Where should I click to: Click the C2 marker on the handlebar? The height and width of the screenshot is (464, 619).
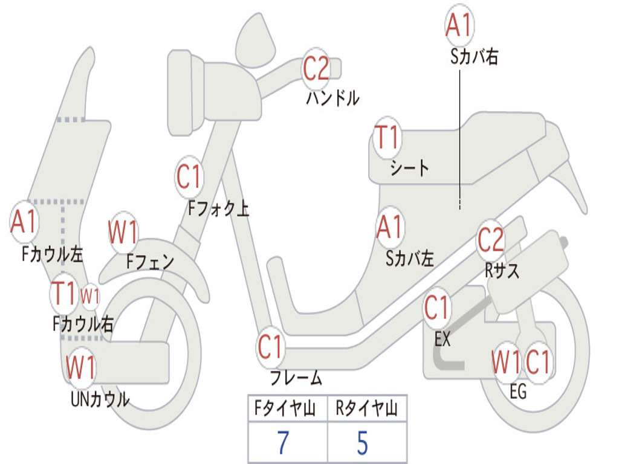[x=316, y=68]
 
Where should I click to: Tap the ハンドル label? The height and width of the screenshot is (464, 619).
[x=332, y=98]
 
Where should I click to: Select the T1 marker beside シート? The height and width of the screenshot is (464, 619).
[x=387, y=138]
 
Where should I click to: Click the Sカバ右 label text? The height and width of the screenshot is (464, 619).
[x=475, y=57]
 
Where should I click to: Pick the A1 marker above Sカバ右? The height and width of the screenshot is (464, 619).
[x=458, y=26]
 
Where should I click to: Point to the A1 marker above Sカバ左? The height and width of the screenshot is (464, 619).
[x=389, y=228]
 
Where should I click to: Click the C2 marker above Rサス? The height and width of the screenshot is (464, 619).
[x=490, y=240]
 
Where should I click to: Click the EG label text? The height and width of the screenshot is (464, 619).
[x=518, y=391]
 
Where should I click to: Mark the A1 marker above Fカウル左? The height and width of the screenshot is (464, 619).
[x=24, y=222]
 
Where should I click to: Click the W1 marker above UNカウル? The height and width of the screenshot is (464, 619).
[x=81, y=366]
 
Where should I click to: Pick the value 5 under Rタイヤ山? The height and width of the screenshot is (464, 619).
[x=363, y=443]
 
